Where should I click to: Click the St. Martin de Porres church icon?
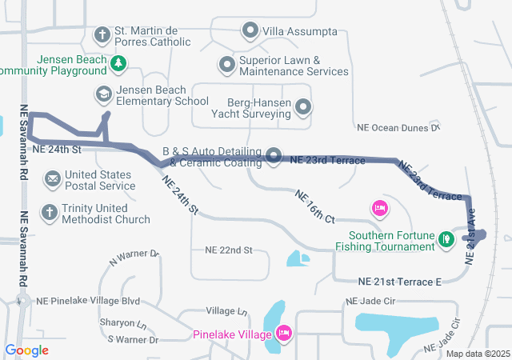point(102,34)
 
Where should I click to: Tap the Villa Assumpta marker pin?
point(250,32)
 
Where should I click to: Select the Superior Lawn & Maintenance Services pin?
point(227,63)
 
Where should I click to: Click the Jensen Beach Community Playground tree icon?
point(118,62)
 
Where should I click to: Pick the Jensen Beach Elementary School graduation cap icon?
point(102,94)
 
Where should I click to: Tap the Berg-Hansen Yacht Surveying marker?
point(303,106)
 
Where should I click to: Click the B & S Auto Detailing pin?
point(274,155)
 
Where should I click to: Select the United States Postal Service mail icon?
point(52,178)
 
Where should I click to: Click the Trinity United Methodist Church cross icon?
point(50,212)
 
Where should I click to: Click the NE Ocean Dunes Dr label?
point(398,127)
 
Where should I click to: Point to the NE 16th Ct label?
point(314,206)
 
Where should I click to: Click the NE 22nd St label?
point(228,250)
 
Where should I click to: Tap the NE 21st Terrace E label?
point(399,282)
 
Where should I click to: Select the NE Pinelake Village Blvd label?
point(88,302)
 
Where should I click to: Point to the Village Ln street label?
point(226,310)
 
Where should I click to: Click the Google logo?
point(26,350)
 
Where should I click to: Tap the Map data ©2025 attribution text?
point(477,354)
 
